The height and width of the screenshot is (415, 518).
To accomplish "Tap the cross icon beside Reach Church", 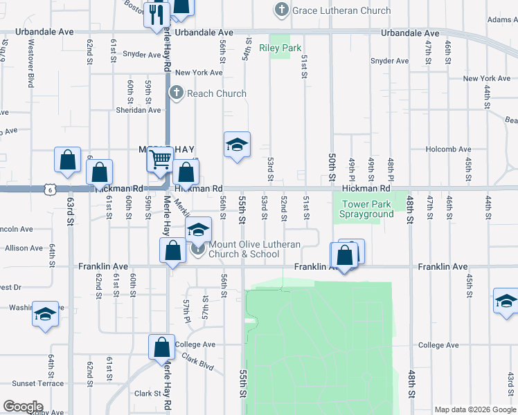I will [x=176, y=93].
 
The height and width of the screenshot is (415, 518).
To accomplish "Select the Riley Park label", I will [x=280, y=48].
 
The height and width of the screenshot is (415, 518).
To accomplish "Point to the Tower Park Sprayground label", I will [x=366, y=209].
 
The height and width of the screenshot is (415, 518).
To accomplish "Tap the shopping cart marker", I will [x=160, y=160].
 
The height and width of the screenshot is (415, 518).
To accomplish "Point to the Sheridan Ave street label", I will [x=138, y=110].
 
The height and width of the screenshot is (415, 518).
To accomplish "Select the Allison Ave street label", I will [x=27, y=248].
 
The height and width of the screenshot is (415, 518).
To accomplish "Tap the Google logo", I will [x=23, y=407].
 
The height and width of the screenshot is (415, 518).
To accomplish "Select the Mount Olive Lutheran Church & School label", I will [x=254, y=249].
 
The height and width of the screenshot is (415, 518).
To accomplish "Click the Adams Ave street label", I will [x=502, y=20].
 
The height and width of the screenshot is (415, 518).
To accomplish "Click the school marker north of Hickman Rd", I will [x=237, y=145].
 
